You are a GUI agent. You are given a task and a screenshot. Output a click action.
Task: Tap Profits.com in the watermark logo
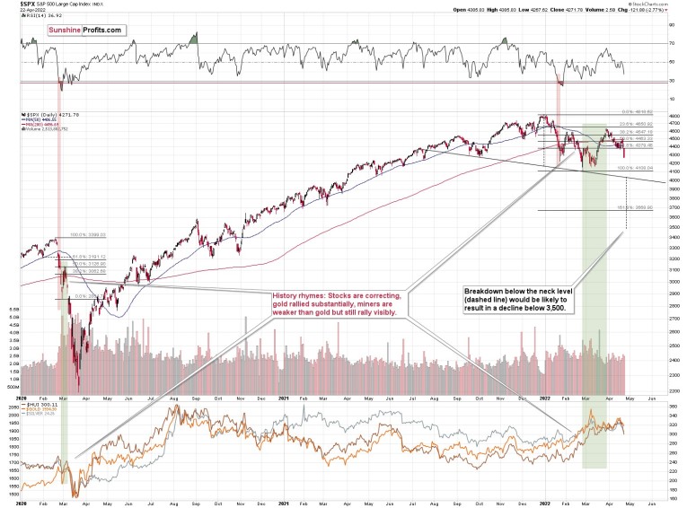coord(101,31)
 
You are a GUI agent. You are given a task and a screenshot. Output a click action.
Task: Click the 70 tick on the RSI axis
coord(671,42)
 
